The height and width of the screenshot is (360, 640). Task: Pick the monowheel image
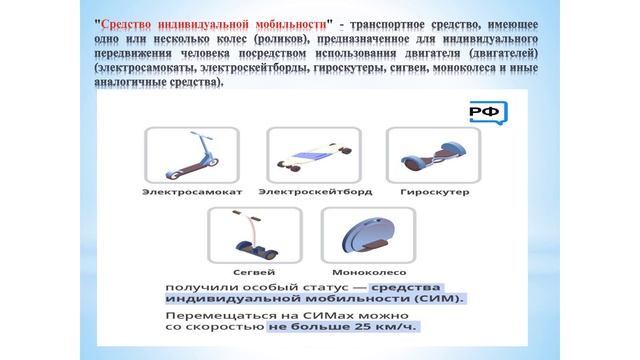coord(354,238)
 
